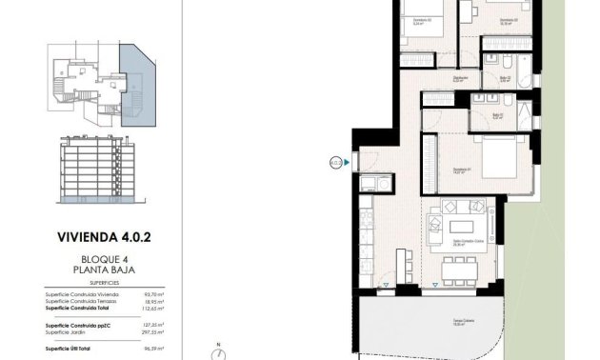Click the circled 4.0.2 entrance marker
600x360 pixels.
(336, 162)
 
